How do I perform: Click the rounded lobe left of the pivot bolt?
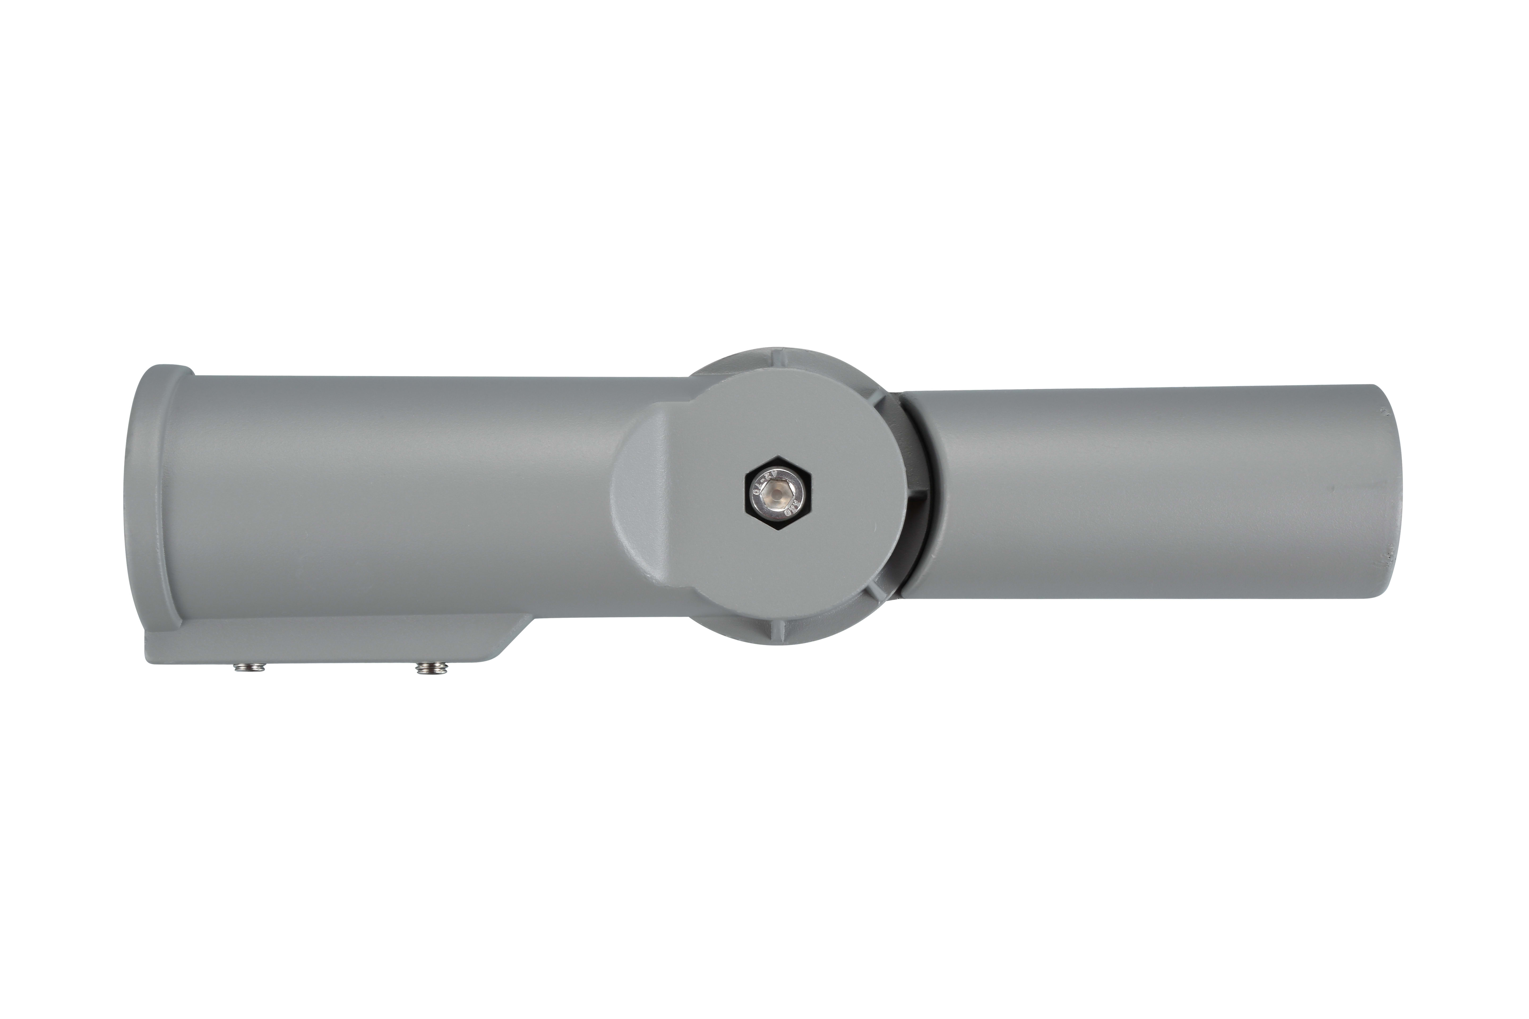[x=643, y=494]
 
